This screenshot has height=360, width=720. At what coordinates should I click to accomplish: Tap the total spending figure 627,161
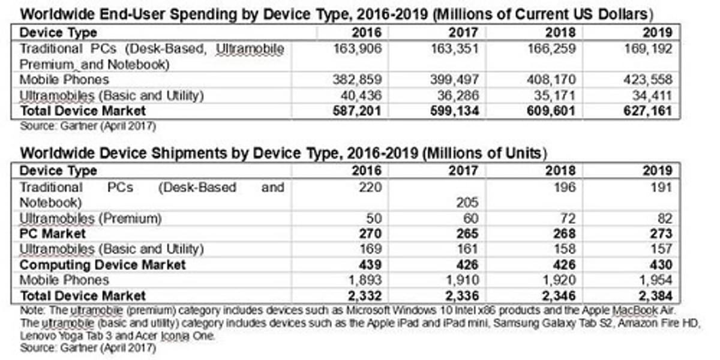[647, 111]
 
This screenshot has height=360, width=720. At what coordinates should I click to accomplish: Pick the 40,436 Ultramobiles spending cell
[362, 95]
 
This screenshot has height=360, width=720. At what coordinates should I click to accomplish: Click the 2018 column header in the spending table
[560, 32]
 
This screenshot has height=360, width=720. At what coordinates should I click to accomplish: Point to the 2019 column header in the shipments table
[658, 171]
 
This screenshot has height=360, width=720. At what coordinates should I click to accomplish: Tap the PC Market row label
[53, 233]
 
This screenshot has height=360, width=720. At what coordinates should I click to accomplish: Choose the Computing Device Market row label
[103, 265]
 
